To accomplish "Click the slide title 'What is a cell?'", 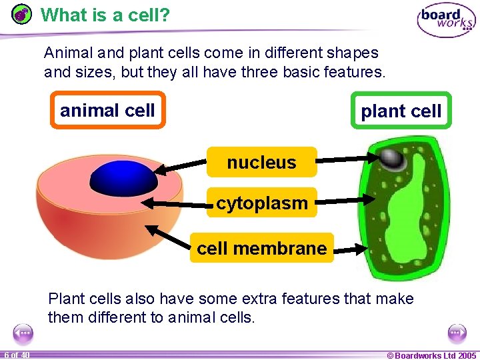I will coord(105,14).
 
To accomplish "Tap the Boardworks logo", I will coord(446,21).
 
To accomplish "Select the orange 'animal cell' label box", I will coord(107,111).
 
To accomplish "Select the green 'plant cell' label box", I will coord(401,111).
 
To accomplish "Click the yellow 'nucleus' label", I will coord(261,162).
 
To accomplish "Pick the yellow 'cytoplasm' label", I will coord(261,203).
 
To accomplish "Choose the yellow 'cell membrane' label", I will coord(261,249).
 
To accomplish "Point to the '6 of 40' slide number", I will coord(16,355).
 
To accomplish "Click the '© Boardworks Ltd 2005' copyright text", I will coord(431,355).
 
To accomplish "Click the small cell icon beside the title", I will coord(22,14).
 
